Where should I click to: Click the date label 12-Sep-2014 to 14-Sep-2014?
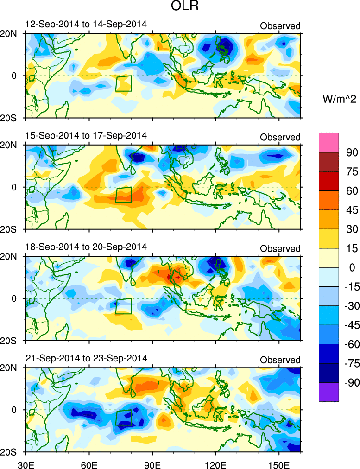tap(85, 24)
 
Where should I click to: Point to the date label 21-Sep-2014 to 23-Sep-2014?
tap(85, 358)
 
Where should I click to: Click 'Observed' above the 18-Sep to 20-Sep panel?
tap(280, 249)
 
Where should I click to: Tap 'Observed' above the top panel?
tap(280, 26)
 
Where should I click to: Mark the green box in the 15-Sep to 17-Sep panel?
tap(124, 195)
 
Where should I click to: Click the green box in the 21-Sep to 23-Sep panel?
tap(124, 418)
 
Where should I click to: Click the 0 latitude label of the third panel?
tap(13, 298)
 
